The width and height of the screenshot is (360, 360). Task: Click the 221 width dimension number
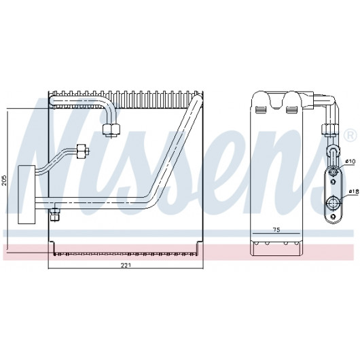pyautogui.click(x=126, y=265)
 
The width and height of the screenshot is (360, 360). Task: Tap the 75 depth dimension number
pyautogui.click(x=277, y=230)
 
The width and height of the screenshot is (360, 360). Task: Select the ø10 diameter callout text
pyautogui.click(x=350, y=162)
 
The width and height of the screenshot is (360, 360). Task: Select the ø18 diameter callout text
pyautogui.click(x=354, y=191)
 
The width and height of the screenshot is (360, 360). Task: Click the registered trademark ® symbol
pyautogui.click(x=350, y=135)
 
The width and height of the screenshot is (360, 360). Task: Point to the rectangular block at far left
pyautogui.click(x=26, y=194)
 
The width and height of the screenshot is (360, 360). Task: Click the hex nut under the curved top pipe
pyautogui.click(x=111, y=129)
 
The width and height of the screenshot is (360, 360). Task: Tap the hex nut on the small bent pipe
pyautogui.click(x=81, y=151)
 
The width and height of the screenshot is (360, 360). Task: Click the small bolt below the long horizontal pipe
pyautogui.click(x=55, y=214)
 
